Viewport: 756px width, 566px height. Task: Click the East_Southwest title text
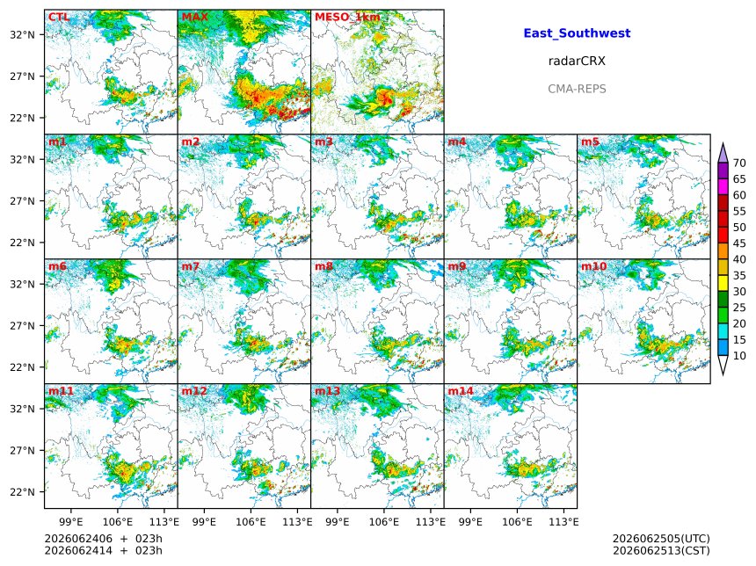pyautogui.click(x=577, y=33)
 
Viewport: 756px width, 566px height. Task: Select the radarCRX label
pyautogui.click(x=577, y=61)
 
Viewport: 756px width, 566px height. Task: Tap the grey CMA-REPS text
pyautogui.click(x=577, y=89)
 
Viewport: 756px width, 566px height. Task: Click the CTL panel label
pyautogui.click(x=59, y=18)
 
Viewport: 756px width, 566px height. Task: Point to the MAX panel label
pyautogui.click(x=195, y=18)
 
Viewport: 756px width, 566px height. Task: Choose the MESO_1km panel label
pyautogui.click(x=347, y=18)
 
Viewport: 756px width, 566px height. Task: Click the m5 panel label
pyautogui.click(x=590, y=141)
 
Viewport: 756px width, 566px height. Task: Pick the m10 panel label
pyautogui.click(x=593, y=266)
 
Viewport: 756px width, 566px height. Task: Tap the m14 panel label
pyautogui.click(x=461, y=391)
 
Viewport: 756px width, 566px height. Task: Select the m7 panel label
pyautogui.click(x=191, y=266)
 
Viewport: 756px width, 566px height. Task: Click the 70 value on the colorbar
pyautogui.click(x=739, y=163)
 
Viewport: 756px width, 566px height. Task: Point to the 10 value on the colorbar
pyautogui.click(x=739, y=356)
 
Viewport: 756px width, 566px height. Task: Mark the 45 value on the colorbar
pyautogui.click(x=739, y=243)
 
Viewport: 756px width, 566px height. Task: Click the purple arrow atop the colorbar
pyautogui.click(x=723, y=152)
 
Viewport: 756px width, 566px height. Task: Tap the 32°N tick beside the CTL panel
pyautogui.click(x=23, y=34)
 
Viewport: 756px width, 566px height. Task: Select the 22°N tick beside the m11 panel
pyautogui.click(x=23, y=492)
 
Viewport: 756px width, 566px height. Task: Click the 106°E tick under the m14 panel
pyautogui.click(x=518, y=522)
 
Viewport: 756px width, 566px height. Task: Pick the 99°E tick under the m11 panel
pyautogui.click(x=71, y=522)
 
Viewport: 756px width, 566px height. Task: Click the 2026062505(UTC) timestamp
pyautogui.click(x=661, y=539)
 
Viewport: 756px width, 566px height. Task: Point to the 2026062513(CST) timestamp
pyautogui.click(x=661, y=550)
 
